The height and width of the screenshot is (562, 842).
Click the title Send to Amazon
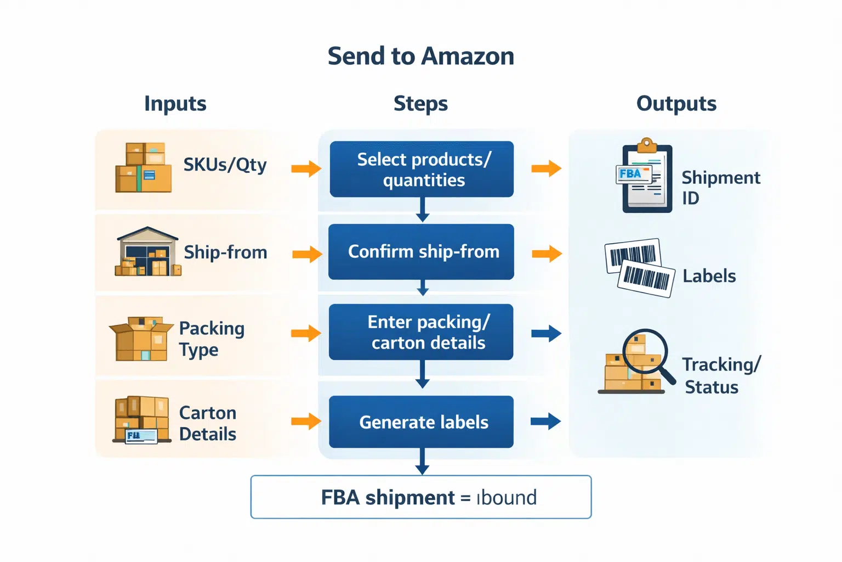click(420, 56)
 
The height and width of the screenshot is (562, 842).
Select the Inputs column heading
click(175, 103)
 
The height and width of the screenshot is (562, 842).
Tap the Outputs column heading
click(676, 103)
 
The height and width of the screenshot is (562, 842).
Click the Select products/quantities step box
click(422, 169)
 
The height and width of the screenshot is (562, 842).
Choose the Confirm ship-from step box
click(422, 251)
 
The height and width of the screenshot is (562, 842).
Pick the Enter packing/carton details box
click(422, 332)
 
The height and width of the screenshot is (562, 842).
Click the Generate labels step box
click(422, 421)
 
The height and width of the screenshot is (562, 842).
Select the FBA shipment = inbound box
click(420, 497)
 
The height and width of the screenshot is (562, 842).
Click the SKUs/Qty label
click(225, 164)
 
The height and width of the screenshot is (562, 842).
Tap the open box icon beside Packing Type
click(141, 339)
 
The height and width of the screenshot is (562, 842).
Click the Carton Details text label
click(207, 423)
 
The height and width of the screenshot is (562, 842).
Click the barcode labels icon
click(639, 268)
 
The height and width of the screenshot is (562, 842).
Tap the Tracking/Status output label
click(720, 375)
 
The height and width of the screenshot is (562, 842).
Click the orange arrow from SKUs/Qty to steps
click(306, 168)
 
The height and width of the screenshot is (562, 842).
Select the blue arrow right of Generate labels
click(545, 421)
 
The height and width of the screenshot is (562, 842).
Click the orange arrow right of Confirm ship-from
click(547, 254)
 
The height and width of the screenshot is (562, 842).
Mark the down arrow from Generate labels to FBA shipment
click(422, 461)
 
